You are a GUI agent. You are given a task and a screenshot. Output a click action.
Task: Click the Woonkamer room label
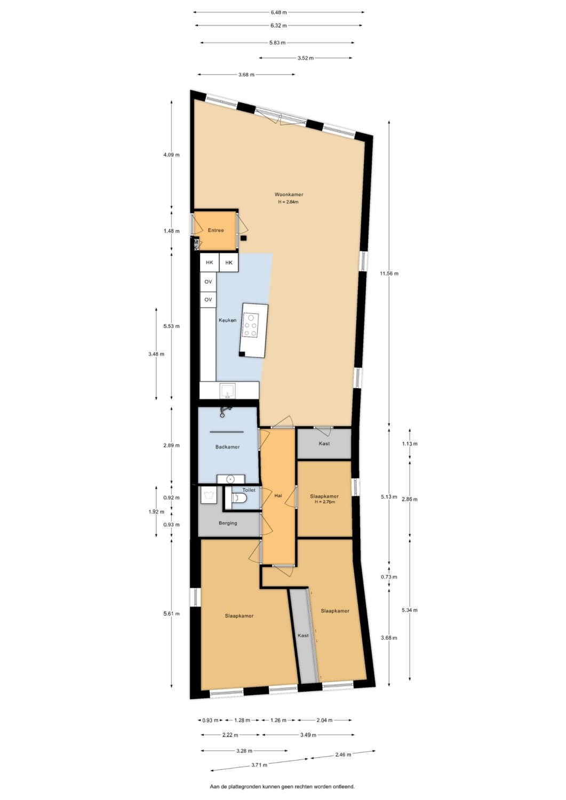[x=289, y=195]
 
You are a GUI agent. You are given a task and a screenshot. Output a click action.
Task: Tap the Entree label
[x=216, y=230]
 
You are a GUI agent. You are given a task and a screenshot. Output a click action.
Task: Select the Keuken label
[x=228, y=321]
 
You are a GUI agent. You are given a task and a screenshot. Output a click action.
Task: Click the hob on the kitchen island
[x=250, y=325]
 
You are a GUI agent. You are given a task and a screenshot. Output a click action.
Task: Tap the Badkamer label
[x=228, y=447]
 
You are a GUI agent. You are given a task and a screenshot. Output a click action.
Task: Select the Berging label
[x=228, y=523]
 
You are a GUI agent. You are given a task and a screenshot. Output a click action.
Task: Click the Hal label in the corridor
[x=278, y=495]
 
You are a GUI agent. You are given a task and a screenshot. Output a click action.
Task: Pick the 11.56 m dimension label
[x=389, y=274]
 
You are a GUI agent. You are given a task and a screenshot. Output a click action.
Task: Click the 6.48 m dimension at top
[x=278, y=12]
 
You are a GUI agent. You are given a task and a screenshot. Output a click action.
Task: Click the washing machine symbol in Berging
[x=209, y=495]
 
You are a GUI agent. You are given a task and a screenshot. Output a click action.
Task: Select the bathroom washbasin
[x=231, y=479]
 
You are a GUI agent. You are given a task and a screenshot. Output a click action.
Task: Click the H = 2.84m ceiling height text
[x=289, y=202]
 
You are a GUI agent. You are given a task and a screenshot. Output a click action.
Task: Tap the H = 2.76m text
[x=324, y=502]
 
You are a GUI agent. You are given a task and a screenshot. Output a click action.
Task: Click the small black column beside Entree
[x=244, y=238]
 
